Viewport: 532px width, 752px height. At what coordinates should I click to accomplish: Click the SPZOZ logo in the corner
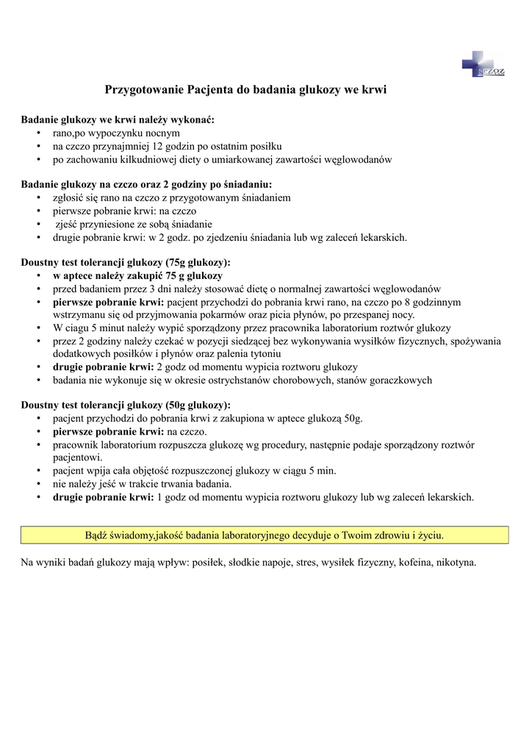pos(483,64)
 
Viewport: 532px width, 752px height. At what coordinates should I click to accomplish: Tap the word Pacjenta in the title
pos(209,90)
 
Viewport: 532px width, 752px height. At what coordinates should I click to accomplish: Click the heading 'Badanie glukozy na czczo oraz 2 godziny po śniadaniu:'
pos(146,184)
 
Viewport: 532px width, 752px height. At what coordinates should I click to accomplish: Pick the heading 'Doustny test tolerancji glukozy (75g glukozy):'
pos(126,262)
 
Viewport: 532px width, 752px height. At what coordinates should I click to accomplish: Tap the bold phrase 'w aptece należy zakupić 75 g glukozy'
pos(137,275)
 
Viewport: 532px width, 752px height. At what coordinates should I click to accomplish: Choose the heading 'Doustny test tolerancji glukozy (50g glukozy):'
pos(126,405)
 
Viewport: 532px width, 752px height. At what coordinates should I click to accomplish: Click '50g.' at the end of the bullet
pos(349,419)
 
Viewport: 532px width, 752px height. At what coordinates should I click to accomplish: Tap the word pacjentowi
pos(77,457)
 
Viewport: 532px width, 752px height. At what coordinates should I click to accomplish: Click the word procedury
pos(292,445)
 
